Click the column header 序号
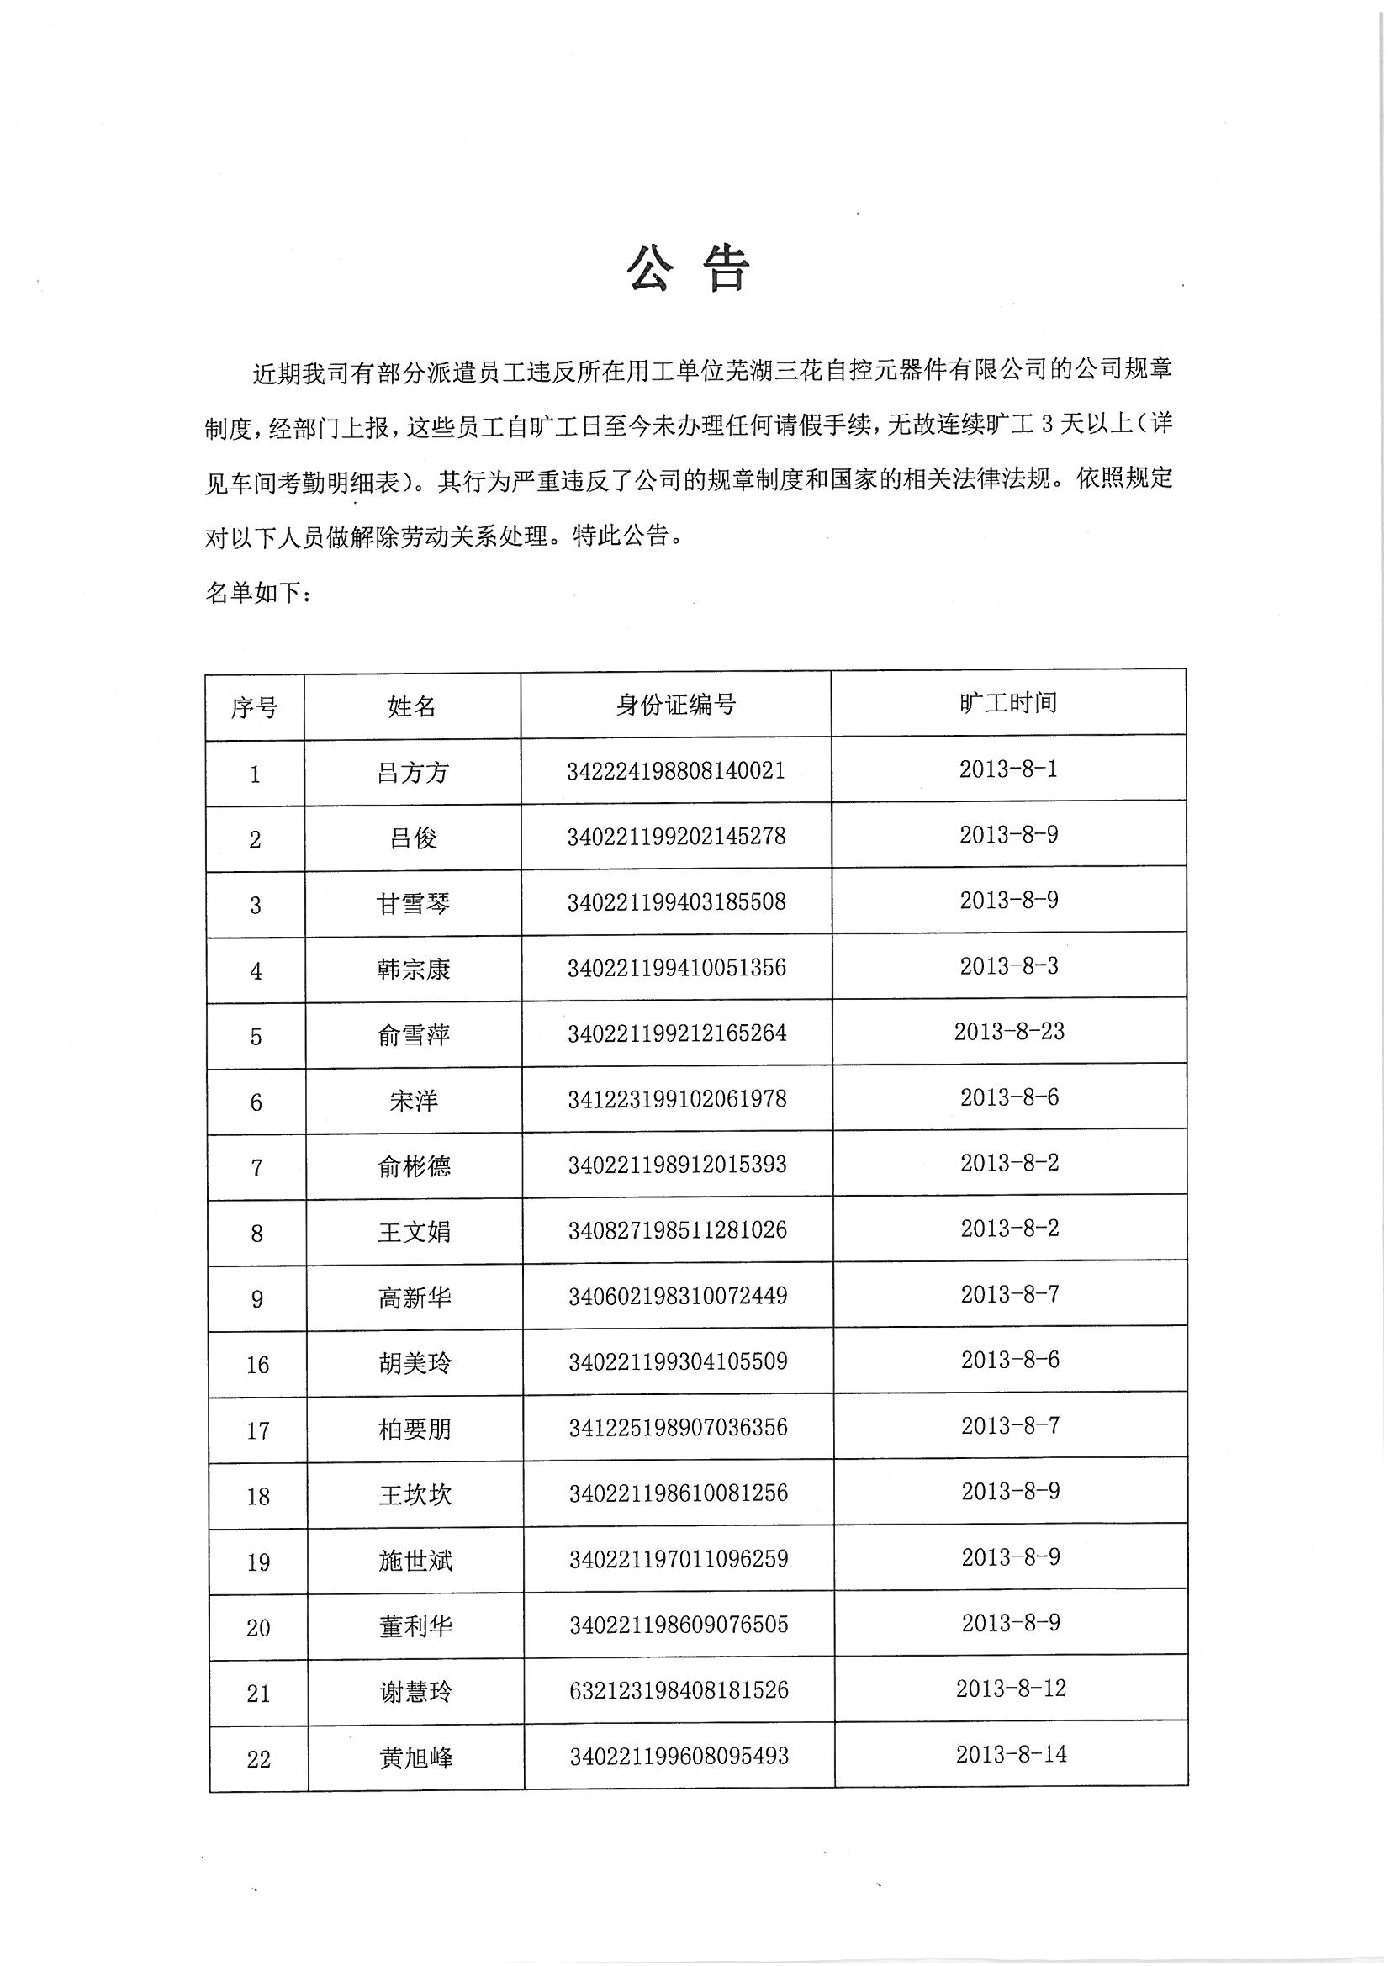(254, 707)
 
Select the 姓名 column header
(412, 706)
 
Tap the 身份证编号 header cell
(676, 705)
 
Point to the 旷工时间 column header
(1008, 703)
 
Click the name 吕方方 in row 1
(413, 774)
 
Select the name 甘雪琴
(413, 903)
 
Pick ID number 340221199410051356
(677, 968)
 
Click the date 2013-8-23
(1009, 1032)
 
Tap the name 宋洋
(414, 1101)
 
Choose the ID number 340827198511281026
(678, 1230)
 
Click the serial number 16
(258, 1365)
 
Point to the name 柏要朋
(415, 1430)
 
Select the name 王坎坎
(415, 1495)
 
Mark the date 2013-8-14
(1012, 1754)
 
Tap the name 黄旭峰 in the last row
(416, 1758)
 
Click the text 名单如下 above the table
(258, 592)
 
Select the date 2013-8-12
(1011, 1689)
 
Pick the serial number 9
(257, 1299)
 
